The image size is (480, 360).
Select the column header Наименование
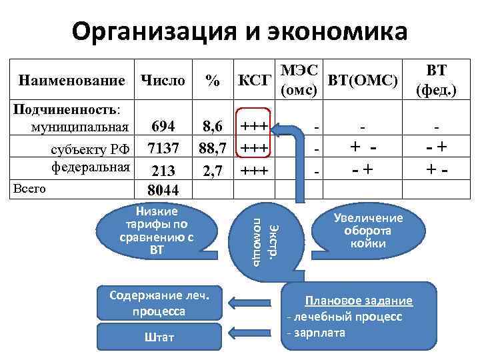(73, 81)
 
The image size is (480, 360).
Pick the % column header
(212, 81)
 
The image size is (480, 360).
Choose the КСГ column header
(254, 81)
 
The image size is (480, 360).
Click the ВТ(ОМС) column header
(363, 81)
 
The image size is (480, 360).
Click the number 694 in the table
(163, 127)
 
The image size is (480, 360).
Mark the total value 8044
(163, 190)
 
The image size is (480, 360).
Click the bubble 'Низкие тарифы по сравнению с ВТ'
(155, 231)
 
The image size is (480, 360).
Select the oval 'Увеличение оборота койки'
(373, 231)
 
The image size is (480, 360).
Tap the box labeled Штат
(159, 337)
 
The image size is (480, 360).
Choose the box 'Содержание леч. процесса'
(158, 304)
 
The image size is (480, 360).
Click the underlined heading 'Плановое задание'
(359, 301)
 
